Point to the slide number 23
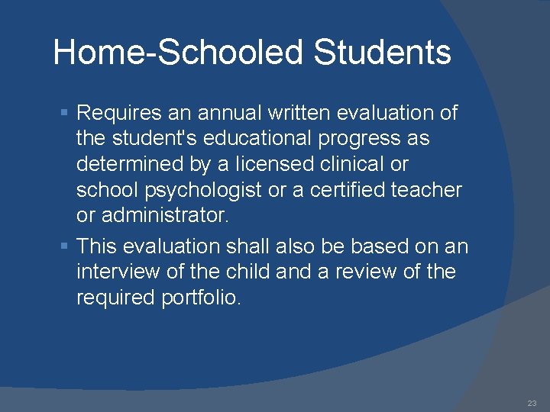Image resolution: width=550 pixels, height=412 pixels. pyautogui.click(x=531, y=403)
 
